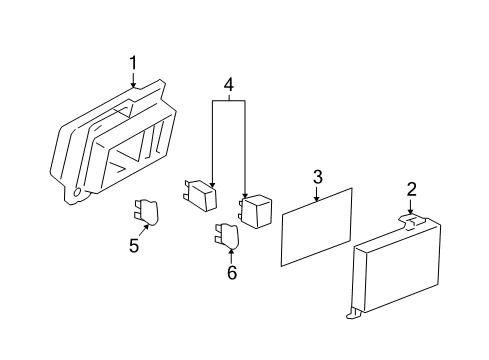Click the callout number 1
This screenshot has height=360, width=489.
click(x=133, y=63)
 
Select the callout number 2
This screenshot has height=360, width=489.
click(x=412, y=189)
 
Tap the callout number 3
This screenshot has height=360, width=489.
click(x=318, y=177)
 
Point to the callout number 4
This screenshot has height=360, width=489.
click(x=229, y=85)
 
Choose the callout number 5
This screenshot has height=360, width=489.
click(x=134, y=246)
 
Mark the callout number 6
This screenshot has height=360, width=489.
click(x=232, y=273)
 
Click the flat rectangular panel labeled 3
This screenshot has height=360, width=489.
click(x=317, y=227)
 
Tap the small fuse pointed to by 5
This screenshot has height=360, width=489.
click(x=147, y=212)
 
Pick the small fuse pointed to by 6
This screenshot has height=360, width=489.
click(x=227, y=237)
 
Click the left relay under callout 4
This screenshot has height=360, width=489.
click(x=201, y=195)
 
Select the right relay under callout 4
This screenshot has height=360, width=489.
click(x=255, y=211)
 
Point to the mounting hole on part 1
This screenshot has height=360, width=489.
click(x=77, y=193)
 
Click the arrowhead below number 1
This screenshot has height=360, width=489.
click(x=133, y=85)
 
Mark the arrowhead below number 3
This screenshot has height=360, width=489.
click(x=317, y=199)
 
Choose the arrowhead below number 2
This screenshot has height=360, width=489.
click(x=410, y=211)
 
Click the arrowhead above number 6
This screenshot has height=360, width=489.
click(x=231, y=251)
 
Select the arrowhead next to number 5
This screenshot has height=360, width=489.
click(x=146, y=227)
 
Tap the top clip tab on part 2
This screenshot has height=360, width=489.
click(x=413, y=221)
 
